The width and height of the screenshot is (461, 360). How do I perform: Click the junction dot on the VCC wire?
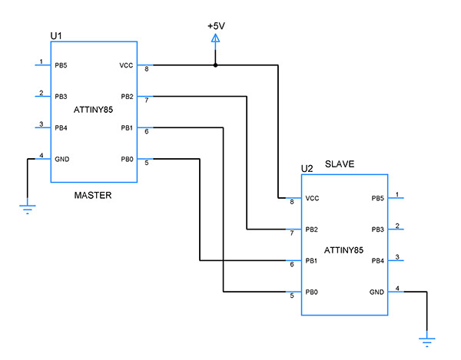(216, 65)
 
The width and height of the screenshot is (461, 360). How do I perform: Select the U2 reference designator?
(307, 168)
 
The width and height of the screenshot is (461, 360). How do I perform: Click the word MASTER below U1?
(93, 196)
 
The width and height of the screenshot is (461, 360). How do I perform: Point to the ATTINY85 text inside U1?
(93, 112)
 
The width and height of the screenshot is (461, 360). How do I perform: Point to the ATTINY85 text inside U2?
(343, 250)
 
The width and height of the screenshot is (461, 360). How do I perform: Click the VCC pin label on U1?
(127, 66)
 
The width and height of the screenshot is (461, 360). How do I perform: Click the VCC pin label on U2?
(312, 199)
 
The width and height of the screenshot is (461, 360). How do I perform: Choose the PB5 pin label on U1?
(61, 66)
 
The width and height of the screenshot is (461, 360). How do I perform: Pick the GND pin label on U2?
(376, 292)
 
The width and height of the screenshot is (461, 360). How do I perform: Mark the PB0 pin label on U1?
(127, 160)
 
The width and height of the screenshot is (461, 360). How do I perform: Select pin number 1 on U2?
(397, 194)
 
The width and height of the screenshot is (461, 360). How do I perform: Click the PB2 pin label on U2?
(312, 230)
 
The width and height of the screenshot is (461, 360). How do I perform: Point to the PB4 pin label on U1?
(61, 128)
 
